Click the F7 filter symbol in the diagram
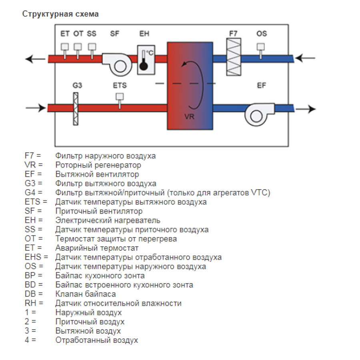(234, 57)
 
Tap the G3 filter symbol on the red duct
(76, 108)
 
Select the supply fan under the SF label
(117, 64)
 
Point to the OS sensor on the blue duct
(260, 51)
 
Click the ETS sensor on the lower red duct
(119, 101)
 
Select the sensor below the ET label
(65, 51)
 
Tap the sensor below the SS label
(92, 51)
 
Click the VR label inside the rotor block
(190, 117)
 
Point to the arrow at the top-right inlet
(305, 58)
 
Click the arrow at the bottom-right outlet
(306, 109)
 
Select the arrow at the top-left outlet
(35, 59)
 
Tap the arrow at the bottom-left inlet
(36, 108)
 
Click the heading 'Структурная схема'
(60, 14)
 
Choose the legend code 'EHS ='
(36, 257)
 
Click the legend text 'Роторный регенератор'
(98, 165)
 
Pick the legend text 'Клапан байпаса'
(86, 294)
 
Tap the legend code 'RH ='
(34, 303)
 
